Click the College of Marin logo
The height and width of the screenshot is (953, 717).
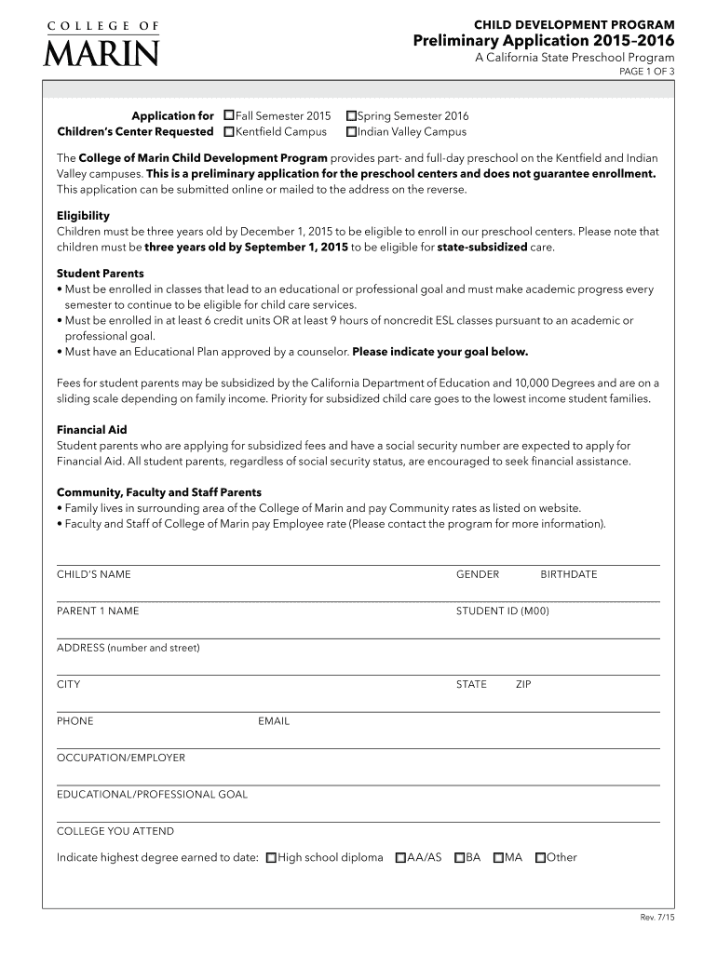101,43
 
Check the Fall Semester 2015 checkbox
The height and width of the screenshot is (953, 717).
229,116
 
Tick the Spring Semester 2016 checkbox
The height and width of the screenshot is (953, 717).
351,116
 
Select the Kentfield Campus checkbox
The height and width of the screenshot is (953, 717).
229,132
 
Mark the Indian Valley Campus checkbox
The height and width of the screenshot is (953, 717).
351,132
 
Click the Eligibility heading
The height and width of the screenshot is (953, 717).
83,215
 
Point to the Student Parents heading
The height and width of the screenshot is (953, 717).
100,274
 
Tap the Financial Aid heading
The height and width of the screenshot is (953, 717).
91,430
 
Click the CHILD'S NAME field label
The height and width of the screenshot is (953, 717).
94,574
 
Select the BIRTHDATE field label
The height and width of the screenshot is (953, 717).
568,574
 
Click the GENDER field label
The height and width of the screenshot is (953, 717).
477,574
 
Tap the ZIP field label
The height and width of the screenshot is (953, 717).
523,684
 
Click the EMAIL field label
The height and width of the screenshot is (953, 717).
274,720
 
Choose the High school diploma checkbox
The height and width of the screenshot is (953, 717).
271,858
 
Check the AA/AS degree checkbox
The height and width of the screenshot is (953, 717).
400,858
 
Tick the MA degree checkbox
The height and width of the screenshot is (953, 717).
499,858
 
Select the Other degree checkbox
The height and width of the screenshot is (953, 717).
540,858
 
